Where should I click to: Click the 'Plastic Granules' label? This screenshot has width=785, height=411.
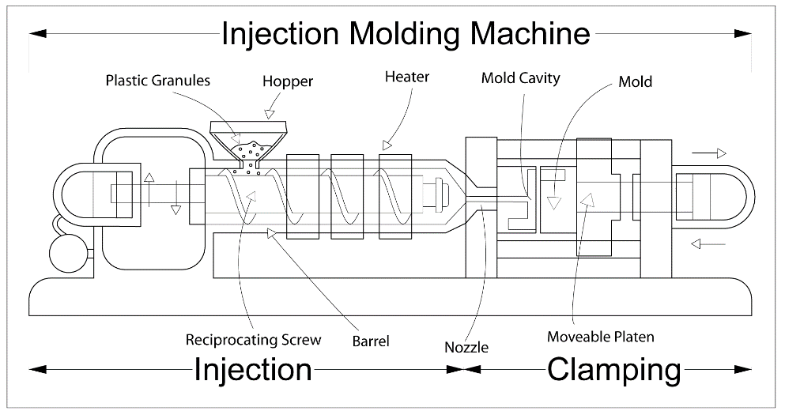(157, 81)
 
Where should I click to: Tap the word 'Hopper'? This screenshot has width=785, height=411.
(288, 81)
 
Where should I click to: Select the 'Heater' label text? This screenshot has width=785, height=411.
(407, 77)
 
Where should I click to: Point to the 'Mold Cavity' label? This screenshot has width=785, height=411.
(521, 78)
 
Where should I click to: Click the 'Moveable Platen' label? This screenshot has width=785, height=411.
(600, 337)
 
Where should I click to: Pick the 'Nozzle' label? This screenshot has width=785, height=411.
(466, 347)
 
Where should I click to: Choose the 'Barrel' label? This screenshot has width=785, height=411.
(371, 341)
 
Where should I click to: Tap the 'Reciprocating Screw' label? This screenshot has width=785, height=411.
(253, 340)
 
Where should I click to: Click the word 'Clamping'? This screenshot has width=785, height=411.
(614, 369)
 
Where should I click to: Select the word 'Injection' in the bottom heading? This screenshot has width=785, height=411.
(253, 369)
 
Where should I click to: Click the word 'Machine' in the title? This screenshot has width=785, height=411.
(530, 33)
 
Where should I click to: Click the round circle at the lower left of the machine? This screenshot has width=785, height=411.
(70, 254)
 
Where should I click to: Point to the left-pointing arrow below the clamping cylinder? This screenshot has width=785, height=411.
(708, 244)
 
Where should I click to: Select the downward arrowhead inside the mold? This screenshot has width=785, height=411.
(553, 203)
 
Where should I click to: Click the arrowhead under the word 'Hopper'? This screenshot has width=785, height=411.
(270, 115)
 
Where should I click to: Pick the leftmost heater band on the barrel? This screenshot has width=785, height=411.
(303, 197)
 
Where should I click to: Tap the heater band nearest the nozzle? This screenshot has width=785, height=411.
(395, 197)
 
